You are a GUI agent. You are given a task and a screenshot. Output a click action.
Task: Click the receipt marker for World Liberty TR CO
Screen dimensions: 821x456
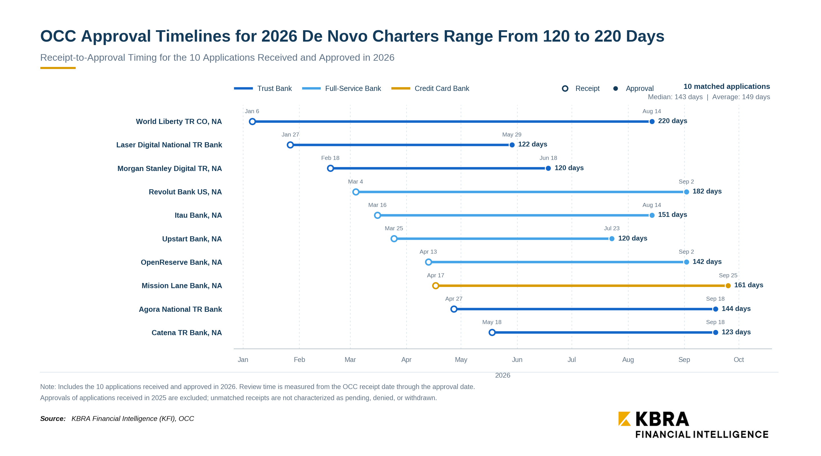tap(252, 121)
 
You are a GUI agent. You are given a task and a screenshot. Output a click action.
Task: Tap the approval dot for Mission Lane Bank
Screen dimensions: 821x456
tap(728, 286)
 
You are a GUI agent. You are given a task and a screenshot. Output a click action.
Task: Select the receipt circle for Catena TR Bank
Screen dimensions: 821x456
tap(492, 332)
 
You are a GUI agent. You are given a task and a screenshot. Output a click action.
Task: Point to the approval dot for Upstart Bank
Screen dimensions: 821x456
tap(611, 239)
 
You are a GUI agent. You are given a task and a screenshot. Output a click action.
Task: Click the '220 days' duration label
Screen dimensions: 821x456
tap(672, 121)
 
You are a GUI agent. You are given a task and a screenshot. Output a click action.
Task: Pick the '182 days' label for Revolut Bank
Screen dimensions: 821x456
tap(707, 191)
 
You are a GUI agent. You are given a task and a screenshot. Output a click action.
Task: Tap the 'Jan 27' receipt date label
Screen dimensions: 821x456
tap(290, 135)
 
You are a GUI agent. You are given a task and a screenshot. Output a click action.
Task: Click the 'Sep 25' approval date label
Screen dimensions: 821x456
tap(728, 275)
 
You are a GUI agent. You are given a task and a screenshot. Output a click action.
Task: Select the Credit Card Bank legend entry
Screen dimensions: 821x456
tap(430, 88)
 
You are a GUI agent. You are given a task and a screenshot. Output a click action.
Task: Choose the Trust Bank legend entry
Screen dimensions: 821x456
tap(263, 88)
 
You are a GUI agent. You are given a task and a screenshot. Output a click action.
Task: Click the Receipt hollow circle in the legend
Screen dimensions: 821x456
tap(565, 88)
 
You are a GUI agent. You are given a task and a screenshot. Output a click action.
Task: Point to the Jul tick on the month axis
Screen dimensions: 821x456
tap(572, 359)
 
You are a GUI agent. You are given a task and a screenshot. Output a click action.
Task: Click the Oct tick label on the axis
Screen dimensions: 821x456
tap(738, 359)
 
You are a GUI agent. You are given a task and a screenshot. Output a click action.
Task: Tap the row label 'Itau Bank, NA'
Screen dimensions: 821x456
tap(198, 215)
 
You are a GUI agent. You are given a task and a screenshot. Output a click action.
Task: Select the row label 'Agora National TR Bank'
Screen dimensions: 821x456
tap(180, 309)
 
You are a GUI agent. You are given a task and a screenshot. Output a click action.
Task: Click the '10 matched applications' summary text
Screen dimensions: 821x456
tap(726, 86)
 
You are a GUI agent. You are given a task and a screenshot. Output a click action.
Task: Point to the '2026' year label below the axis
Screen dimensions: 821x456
tap(503, 375)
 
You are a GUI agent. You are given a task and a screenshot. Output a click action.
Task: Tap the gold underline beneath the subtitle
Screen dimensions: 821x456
tap(58, 68)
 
